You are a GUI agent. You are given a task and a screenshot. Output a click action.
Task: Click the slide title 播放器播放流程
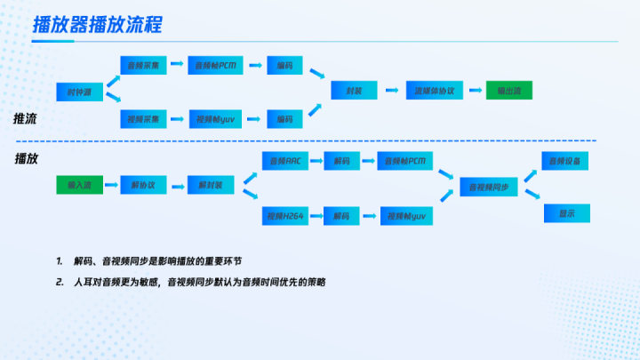pos(97,24)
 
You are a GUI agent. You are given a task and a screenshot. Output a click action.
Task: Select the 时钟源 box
pos(76,91)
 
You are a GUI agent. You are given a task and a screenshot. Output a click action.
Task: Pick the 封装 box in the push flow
pos(353,91)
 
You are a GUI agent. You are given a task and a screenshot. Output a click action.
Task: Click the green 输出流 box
pos(508,91)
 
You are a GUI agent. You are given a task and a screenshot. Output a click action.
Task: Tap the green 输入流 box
pos(79,185)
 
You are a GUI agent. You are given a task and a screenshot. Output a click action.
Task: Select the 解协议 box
pos(142,185)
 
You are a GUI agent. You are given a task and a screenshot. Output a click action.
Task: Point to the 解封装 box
pos(211,185)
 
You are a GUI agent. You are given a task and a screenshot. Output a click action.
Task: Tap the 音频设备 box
pos(565,161)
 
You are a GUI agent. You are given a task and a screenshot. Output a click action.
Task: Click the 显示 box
pos(565,213)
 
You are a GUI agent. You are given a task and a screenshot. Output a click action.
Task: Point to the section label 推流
pos(25,118)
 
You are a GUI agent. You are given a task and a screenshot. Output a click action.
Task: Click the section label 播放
pos(25,158)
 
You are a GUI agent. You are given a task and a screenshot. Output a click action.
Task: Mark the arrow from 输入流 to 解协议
pos(110,185)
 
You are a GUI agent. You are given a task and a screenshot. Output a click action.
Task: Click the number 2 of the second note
pos(58,282)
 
